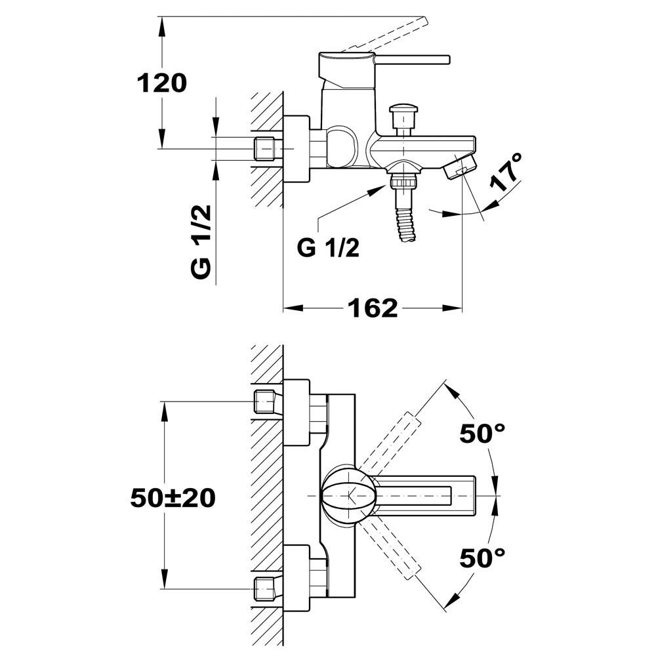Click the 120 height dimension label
[x=162, y=83]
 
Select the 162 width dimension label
[x=373, y=308]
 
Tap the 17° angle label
[x=506, y=172]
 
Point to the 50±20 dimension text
[x=173, y=498]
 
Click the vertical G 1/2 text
[x=201, y=242]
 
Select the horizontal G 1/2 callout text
[x=328, y=248]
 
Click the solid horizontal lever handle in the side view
[x=412, y=60]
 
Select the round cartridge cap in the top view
[x=348, y=495]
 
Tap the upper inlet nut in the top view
[x=264, y=401]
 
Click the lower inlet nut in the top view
[x=264, y=588]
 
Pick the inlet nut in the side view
[x=264, y=148]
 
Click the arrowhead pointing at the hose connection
[x=378, y=190]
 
